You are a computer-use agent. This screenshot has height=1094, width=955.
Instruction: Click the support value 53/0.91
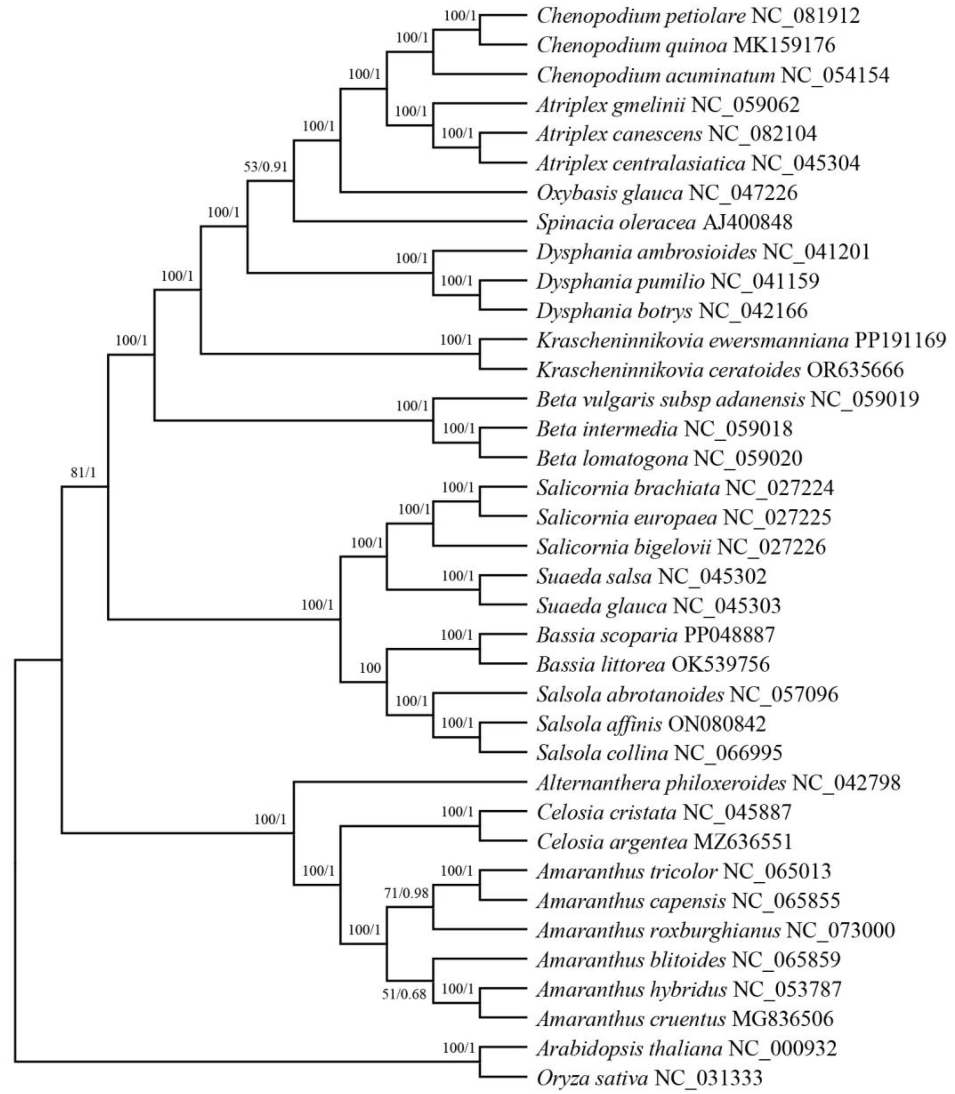[265, 167]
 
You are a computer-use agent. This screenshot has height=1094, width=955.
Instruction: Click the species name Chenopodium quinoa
[632, 45]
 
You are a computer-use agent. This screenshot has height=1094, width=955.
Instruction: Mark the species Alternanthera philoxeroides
[661, 783]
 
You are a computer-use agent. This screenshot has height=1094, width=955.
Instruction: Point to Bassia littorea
[601, 664]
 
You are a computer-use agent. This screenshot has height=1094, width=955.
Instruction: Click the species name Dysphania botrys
[614, 311]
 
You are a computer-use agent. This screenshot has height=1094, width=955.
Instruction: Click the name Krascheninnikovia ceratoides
[668, 370]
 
